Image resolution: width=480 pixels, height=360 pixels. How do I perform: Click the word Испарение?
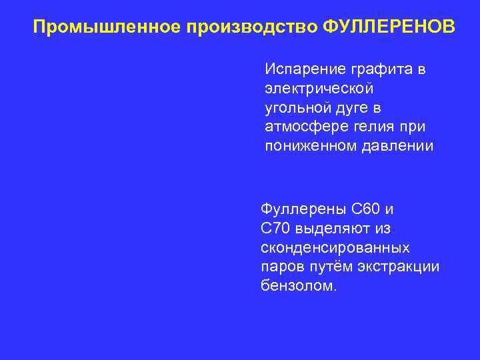tap(297, 69)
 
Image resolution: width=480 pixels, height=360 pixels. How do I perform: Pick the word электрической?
tap(319, 88)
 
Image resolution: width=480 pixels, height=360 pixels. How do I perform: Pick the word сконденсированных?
tap(335, 247)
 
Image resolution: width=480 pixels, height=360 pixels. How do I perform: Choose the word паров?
tap(282, 267)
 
